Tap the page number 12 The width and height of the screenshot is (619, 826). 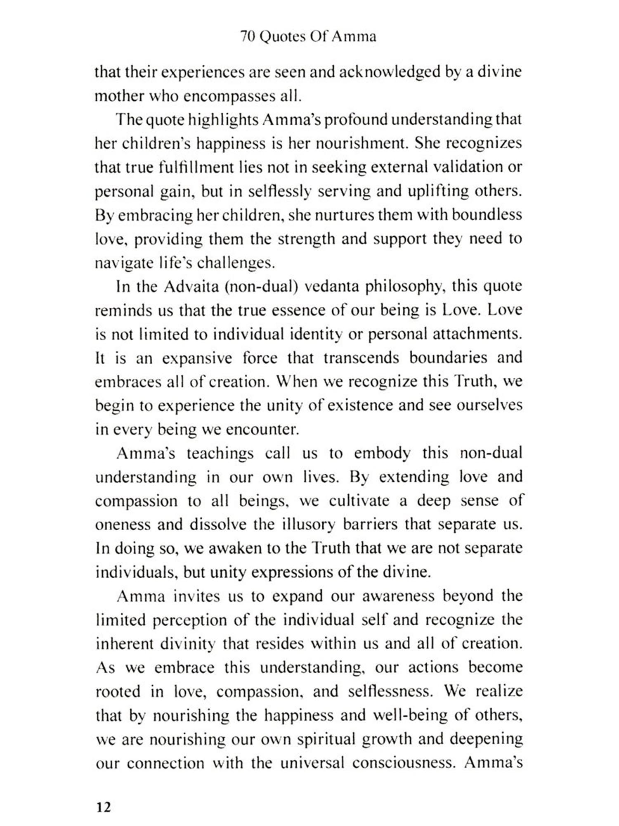(x=103, y=807)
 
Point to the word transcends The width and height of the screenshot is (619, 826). (x=361, y=358)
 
